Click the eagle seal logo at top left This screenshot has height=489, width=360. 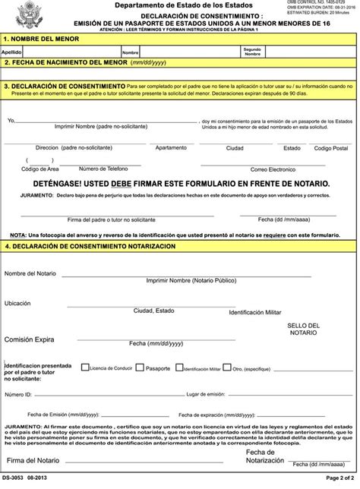[17, 15]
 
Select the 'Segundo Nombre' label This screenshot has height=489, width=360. [252, 52]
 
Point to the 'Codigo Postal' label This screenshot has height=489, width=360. [330, 147]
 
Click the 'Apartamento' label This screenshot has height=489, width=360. [171, 147]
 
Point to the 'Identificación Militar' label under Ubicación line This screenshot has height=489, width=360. [254, 312]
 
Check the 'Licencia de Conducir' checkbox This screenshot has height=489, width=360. [86, 368]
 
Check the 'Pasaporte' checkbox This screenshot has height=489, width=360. [141, 368]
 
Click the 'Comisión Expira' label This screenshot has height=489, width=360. [29, 339]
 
